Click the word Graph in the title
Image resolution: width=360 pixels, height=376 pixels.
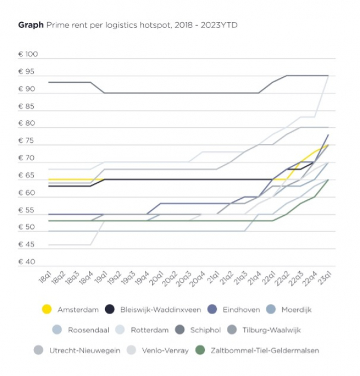(x=31, y=25)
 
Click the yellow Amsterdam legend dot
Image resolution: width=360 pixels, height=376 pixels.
(x=47, y=309)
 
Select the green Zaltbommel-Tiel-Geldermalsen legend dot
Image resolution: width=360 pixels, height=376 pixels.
(x=200, y=350)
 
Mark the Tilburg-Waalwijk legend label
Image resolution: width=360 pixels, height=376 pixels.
(x=277, y=330)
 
